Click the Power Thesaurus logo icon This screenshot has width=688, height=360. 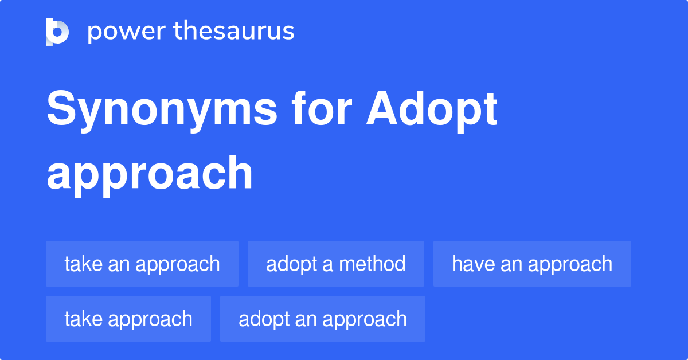(x=57, y=32)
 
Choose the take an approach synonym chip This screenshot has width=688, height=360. (x=142, y=264)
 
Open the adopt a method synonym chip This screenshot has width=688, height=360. (x=336, y=264)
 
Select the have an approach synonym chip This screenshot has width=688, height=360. (x=532, y=264)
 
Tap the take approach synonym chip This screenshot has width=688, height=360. (x=128, y=319)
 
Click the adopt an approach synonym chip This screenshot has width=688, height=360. (x=323, y=319)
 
